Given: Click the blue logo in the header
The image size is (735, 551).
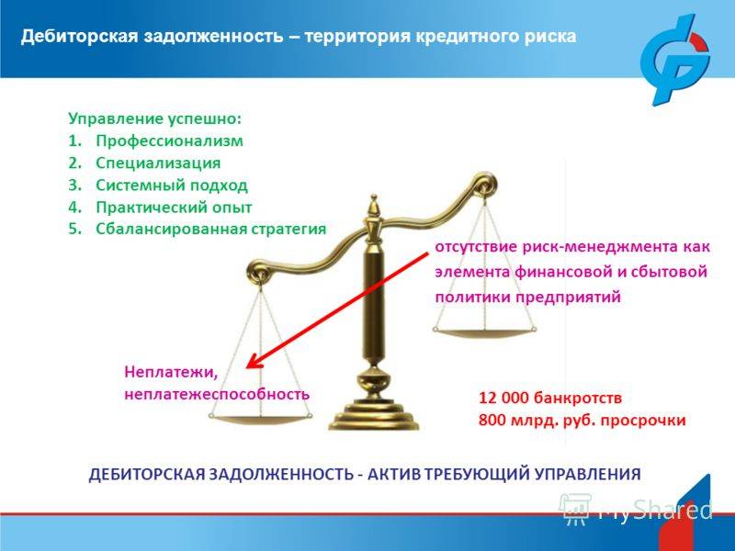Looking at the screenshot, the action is tap(675, 59).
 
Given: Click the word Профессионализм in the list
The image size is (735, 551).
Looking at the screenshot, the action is tap(169, 141).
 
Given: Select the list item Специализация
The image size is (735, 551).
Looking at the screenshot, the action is tap(158, 163).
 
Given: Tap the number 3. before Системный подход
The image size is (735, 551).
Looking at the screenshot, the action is tap(75, 186).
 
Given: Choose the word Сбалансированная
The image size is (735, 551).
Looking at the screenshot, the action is tap(171, 229).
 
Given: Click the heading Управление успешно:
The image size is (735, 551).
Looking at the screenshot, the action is tap(154, 119).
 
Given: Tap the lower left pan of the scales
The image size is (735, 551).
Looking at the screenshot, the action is tap(261, 419).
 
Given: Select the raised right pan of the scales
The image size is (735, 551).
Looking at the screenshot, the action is tap(484, 332).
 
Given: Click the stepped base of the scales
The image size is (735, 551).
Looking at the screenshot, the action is tap(374, 415).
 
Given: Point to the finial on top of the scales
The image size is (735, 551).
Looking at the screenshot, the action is tap(374, 206).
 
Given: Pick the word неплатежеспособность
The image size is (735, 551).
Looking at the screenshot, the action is tap(217, 394).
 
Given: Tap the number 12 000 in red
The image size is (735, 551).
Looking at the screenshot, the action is tap(503, 399).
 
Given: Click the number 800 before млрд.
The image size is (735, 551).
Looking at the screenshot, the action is tap(492, 420).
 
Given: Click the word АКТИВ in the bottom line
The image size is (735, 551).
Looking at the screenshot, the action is tap(394, 474).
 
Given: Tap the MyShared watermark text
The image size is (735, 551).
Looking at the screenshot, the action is tap(655, 510).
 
